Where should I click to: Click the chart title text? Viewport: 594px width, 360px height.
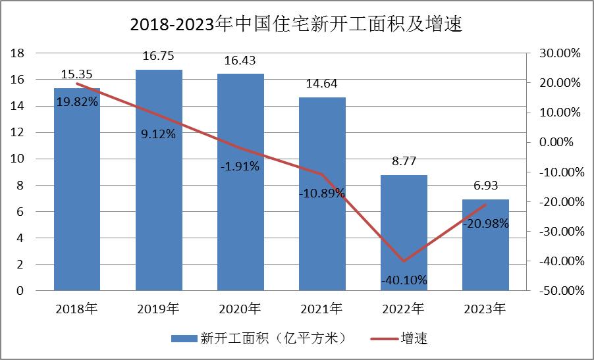point(297,25)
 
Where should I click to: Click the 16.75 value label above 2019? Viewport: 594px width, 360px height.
point(159,58)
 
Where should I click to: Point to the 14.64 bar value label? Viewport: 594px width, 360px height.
point(322,84)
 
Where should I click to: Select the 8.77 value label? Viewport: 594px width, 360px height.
point(404,162)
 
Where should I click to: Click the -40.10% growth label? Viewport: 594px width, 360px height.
point(404,280)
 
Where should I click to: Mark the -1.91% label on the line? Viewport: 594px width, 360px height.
point(240,167)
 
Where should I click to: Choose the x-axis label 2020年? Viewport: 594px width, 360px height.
point(240,308)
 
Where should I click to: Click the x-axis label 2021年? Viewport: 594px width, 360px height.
point(322,308)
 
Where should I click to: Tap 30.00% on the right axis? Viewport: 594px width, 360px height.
point(558,53)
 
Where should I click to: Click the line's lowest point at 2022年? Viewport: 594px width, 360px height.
point(404,261)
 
